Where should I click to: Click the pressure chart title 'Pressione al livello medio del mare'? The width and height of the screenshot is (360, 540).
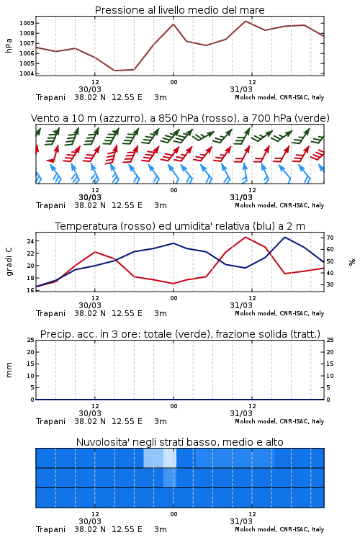click(x=180, y=10)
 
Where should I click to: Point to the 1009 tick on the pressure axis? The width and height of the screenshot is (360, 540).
click(x=27, y=24)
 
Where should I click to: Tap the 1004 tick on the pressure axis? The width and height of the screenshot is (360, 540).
click(x=27, y=73)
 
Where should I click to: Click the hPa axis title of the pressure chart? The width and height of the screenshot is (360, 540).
click(x=9, y=45)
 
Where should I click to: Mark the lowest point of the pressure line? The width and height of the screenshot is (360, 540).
click(x=114, y=71)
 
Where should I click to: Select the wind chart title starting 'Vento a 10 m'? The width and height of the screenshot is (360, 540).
click(x=180, y=118)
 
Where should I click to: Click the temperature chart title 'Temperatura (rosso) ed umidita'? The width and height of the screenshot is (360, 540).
click(x=180, y=226)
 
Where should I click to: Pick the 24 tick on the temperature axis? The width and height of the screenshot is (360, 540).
click(x=31, y=241)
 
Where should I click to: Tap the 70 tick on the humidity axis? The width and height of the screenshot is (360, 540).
click(x=330, y=238)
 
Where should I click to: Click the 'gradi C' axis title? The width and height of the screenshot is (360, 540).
click(x=9, y=262)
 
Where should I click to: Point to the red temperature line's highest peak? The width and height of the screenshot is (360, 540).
click(x=246, y=237)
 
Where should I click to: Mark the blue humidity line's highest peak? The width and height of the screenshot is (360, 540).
click(x=285, y=237)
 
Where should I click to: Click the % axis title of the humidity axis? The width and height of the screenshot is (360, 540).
click(x=352, y=262)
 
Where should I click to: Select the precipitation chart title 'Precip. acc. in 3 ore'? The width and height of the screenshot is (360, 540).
click(x=180, y=334)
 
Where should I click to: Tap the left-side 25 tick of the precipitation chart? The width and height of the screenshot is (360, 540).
click(x=31, y=340)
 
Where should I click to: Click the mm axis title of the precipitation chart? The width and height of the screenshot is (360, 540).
click(x=9, y=370)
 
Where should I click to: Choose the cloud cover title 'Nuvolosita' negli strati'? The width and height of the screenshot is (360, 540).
click(x=180, y=442)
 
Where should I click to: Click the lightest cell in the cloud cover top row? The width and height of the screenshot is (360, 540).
click(x=170, y=458)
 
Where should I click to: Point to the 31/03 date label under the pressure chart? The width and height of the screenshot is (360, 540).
click(x=241, y=89)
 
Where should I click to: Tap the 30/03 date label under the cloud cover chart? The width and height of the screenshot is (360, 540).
click(x=90, y=521)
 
